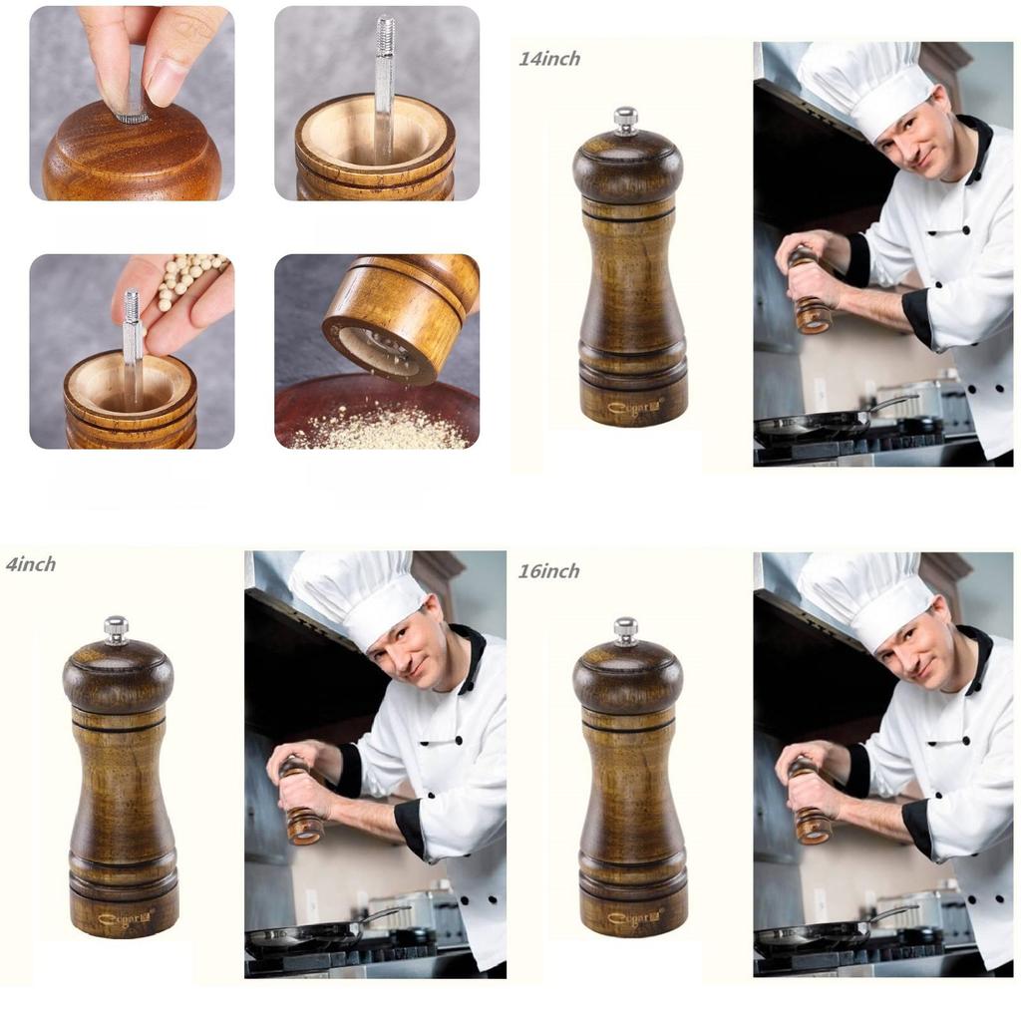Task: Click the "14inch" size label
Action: click(x=548, y=59)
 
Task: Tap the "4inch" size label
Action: click(x=31, y=564)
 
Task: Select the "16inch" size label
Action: click(x=548, y=571)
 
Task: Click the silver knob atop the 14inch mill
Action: click(x=625, y=119)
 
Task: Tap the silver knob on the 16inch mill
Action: click(x=625, y=629)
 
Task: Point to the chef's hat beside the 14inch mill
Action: click(x=863, y=85)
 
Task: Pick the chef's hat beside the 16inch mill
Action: click(x=863, y=595)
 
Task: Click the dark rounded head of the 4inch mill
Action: click(x=118, y=674)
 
